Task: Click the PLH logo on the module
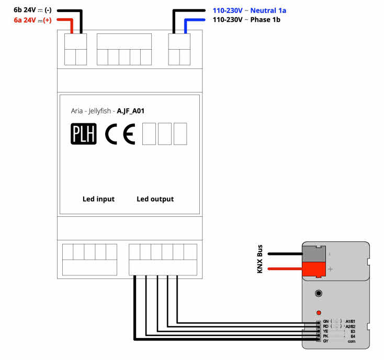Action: click(84, 134)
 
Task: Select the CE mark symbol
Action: click(120, 134)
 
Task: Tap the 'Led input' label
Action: click(98, 199)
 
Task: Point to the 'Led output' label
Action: click(155, 199)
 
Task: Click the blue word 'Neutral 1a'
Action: click(268, 10)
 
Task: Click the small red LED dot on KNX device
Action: click(318, 312)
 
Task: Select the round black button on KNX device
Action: click(318, 294)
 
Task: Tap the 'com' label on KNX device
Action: click(351, 341)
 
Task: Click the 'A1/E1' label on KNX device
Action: click(351, 321)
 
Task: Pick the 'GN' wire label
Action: click(325, 321)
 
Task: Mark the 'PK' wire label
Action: click(325, 336)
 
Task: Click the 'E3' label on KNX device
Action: click(353, 331)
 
